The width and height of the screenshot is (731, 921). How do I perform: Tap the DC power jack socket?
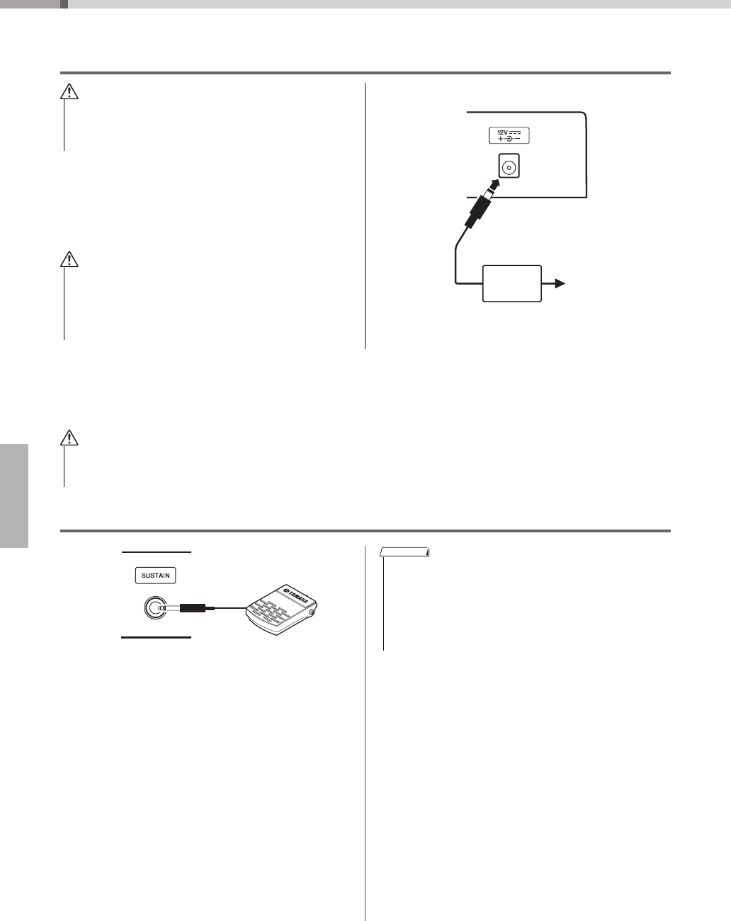pyautogui.click(x=509, y=167)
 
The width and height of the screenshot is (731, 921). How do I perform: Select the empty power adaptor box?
pyautogui.click(x=512, y=284)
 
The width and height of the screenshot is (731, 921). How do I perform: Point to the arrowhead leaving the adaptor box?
pyautogui.click(x=560, y=284)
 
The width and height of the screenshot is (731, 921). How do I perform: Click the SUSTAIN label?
pyautogui.click(x=156, y=576)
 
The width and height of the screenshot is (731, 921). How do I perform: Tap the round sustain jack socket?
pyautogui.click(x=153, y=607)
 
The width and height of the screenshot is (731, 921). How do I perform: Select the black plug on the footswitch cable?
pyautogui.click(x=192, y=607)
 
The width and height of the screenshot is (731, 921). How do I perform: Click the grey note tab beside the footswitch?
pyautogui.click(x=404, y=552)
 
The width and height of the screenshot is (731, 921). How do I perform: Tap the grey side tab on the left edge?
pyautogui.click(x=14, y=496)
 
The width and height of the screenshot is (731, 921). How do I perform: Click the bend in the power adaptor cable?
pyautogui.click(x=454, y=248)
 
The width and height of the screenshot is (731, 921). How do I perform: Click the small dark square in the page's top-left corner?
pyautogui.click(x=64, y=4)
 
